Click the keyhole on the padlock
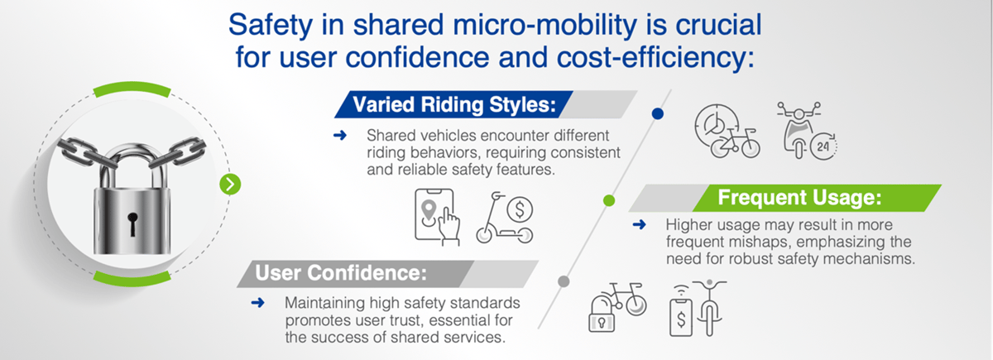132,223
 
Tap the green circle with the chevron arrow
230,184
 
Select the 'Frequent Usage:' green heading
798,198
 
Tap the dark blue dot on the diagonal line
658,115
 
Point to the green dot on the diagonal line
609,199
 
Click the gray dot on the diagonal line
563,281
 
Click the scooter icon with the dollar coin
506,218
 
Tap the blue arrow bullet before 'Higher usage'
638,224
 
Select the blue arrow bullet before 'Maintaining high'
257,303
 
